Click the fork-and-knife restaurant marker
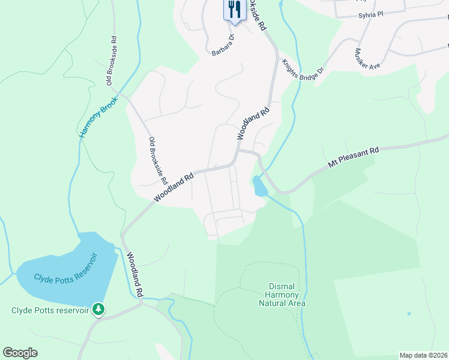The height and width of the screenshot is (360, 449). click(x=234, y=10)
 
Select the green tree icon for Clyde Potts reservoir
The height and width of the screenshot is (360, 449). click(x=98, y=310)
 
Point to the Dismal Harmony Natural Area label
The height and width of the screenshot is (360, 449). click(x=282, y=295)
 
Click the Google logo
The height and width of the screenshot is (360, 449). click(x=20, y=353)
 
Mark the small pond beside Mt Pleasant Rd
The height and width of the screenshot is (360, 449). click(x=260, y=186)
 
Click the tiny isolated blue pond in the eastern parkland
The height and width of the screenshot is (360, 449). click(x=409, y=314)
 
